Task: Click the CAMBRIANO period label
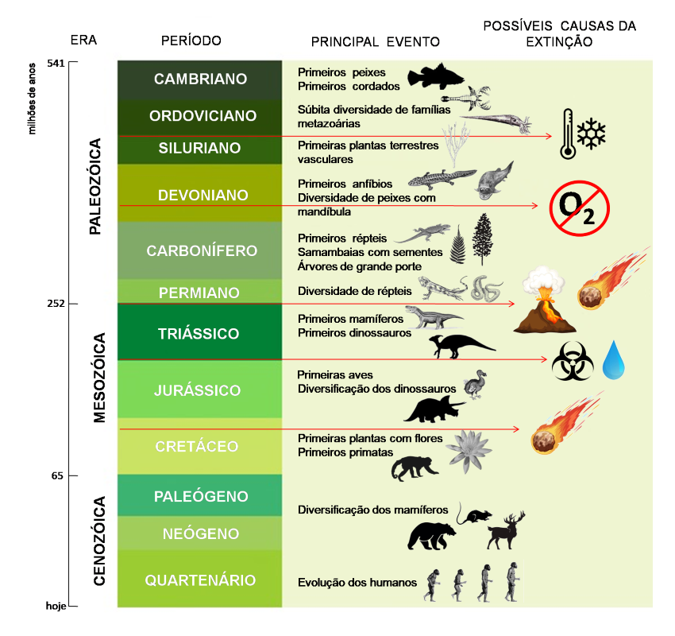coord(200,79)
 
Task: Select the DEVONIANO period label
coord(202,196)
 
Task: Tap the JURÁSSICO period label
coord(197,390)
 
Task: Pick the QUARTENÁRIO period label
coord(200,580)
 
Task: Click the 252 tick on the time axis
coord(56,304)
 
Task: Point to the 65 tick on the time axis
coord(57,475)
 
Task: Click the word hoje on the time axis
coord(56,606)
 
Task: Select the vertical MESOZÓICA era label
coord(99,378)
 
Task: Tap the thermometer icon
coord(568,134)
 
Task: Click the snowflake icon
coord(591,134)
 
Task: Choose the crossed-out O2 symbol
coord(579,208)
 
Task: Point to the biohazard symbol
coord(573,361)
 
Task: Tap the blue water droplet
coord(613,360)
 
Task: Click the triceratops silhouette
coord(434,409)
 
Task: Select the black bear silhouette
coord(431,536)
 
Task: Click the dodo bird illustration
coord(475,384)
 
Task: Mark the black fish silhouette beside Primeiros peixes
coord(435,76)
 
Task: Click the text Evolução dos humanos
coord(357,583)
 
